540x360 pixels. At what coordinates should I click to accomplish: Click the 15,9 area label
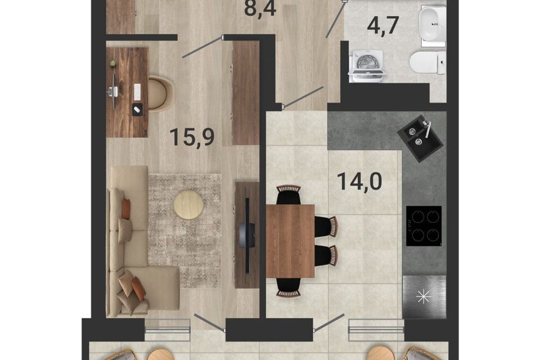click(x=192, y=137)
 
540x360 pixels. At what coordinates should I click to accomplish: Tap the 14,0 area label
click(x=359, y=181)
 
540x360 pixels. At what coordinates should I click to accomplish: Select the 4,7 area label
click(x=383, y=25)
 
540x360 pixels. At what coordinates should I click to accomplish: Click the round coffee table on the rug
click(x=188, y=205)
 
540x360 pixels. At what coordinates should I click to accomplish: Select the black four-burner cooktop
click(x=424, y=226)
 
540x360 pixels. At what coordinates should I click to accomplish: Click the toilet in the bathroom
click(x=427, y=62)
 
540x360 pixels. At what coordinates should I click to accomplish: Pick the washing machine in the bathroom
click(x=367, y=66)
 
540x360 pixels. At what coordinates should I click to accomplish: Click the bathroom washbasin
click(x=432, y=24)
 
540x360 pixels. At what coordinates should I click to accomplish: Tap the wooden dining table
click(x=290, y=241)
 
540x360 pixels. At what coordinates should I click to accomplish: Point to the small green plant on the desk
click(x=112, y=64)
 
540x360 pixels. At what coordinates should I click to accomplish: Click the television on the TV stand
click(x=248, y=234)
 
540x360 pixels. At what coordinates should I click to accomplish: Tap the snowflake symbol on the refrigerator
click(x=424, y=298)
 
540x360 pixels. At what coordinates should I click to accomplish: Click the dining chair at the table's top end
click(x=289, y=195)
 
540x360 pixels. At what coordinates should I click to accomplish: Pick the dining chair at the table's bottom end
click(x=289, y=287)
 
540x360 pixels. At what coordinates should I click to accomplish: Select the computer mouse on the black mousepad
click(x=137, y=109)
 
